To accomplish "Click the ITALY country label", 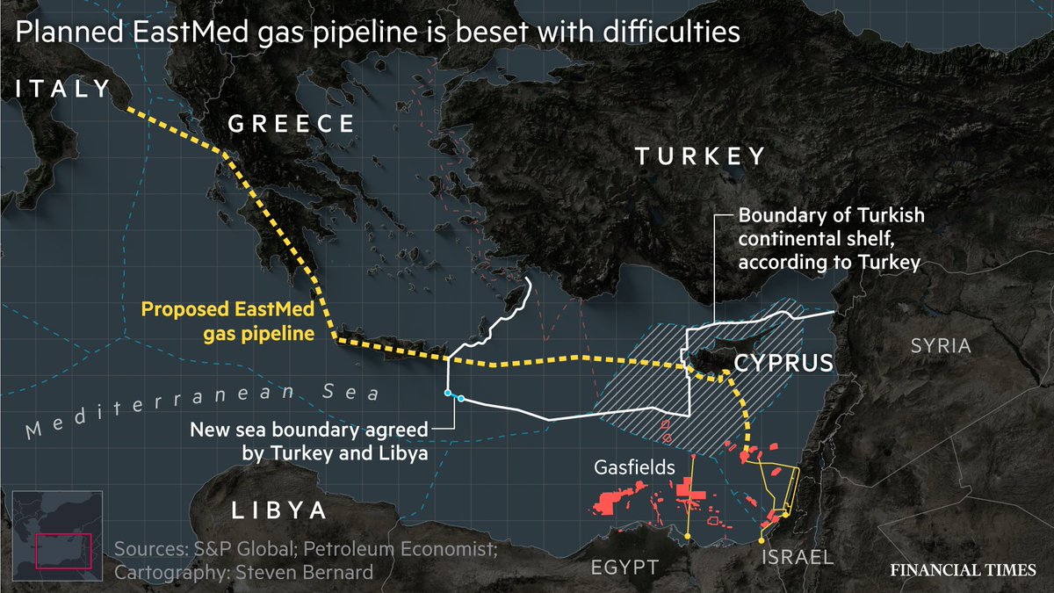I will pyautogui.click(x=61, y=89).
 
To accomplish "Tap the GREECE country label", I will pyautogui.click(x=291, y=125).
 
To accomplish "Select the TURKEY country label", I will pyautogui.click(x=700, y=157).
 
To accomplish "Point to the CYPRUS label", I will pyautogui.click(x=783, y=363).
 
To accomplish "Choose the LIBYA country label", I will pyautogui.click(x=279, y=512).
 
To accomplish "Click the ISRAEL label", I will pyautogui.click(x=798, y=557).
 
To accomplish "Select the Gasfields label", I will pyautogui.click(x=633, y=467).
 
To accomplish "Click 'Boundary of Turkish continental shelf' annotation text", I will pyautogui.click(x=830, y=238).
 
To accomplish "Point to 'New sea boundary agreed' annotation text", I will pyautogui.click(x=309, y=430).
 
